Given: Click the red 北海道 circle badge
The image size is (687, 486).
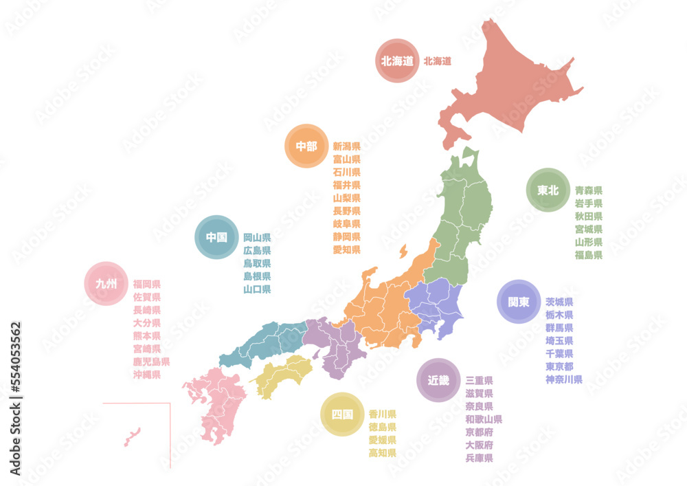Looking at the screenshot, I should [x=397, y=60].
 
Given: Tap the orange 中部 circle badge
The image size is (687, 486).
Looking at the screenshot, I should [x=306, y=146].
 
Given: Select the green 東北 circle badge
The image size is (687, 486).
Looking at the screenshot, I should [x=548, y=190].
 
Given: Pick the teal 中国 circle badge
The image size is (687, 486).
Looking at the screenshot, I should [x=216, y=237].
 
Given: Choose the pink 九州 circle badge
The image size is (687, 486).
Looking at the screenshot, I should [x=106, y=283].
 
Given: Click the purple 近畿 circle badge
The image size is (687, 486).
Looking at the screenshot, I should [x=438, y=379].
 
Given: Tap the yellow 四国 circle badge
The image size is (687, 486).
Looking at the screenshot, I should [x=342, y=415].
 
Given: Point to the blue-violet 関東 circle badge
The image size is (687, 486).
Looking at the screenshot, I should [x=519, y=302].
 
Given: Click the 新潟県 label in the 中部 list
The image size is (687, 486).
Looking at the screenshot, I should [x=346, y=146].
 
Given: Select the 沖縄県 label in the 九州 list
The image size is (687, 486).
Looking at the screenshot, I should [x=146, y=375].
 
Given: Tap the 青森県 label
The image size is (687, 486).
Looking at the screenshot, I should [x=588, y=190].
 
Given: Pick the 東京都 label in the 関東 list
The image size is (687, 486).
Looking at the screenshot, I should [x=559, y=366].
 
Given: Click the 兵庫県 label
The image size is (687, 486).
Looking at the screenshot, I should [x=479, y=458].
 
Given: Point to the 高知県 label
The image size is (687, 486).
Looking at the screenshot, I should [x=382, y=453].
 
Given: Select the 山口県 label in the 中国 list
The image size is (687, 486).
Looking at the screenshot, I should [x=257, y=289].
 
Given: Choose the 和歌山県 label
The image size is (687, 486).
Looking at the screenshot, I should [x=483, y=419].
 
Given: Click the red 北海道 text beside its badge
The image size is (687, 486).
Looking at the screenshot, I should [x=437, y=60].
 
